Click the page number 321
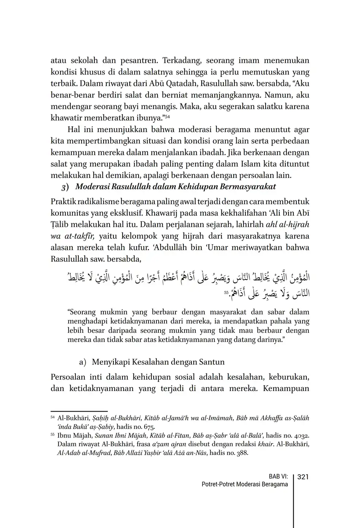(303, 477)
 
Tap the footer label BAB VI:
(278, 477)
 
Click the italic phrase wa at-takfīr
(72, 236)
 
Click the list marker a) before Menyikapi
(83, 362)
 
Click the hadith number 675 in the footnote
(149, 426)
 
